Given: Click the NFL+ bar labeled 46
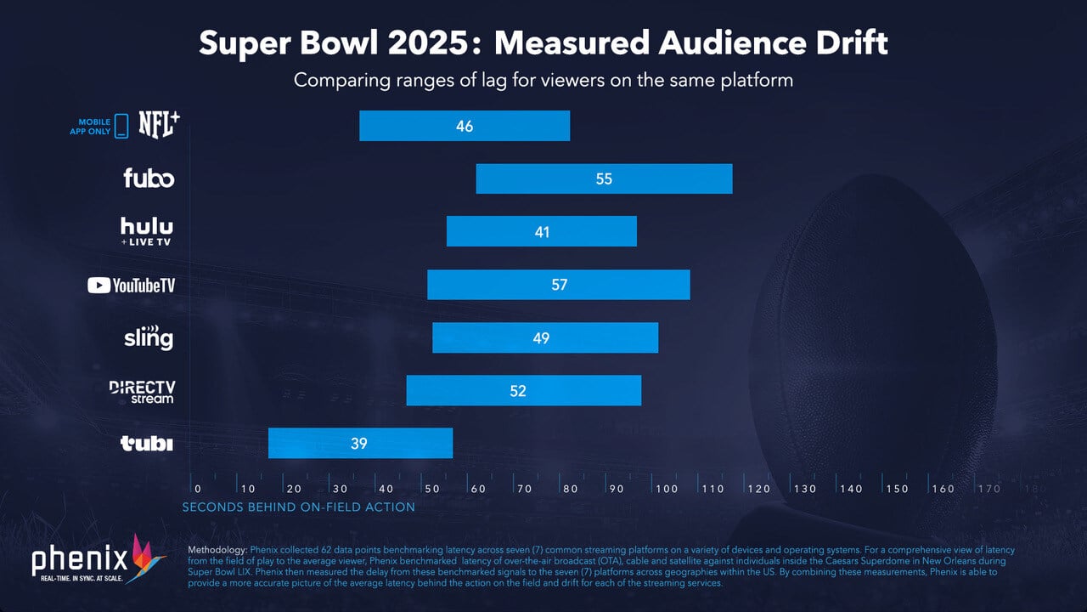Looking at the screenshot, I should (465, 126).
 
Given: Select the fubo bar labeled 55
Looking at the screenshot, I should (604, 178).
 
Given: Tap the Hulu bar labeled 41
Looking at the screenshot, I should (541, 231).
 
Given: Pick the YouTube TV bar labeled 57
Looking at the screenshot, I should (558, 285).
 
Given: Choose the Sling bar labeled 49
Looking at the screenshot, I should (545, 337).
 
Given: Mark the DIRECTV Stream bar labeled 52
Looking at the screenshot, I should (523, 390).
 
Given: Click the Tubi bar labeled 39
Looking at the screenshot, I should (360, 443).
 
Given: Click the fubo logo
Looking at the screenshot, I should (149, 178).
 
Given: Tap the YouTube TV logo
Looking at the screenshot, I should (132, 286).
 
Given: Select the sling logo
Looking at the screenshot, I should (149, 337).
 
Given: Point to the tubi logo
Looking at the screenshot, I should (147, 444).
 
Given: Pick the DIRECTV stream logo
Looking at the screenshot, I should (142, 391).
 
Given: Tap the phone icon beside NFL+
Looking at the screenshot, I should (121, 126).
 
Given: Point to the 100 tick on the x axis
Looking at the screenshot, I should (667, 489).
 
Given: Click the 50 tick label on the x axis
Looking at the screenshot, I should (432, 489).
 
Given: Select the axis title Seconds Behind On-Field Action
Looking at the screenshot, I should (299, 507).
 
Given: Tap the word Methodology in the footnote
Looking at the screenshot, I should (217, 551).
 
